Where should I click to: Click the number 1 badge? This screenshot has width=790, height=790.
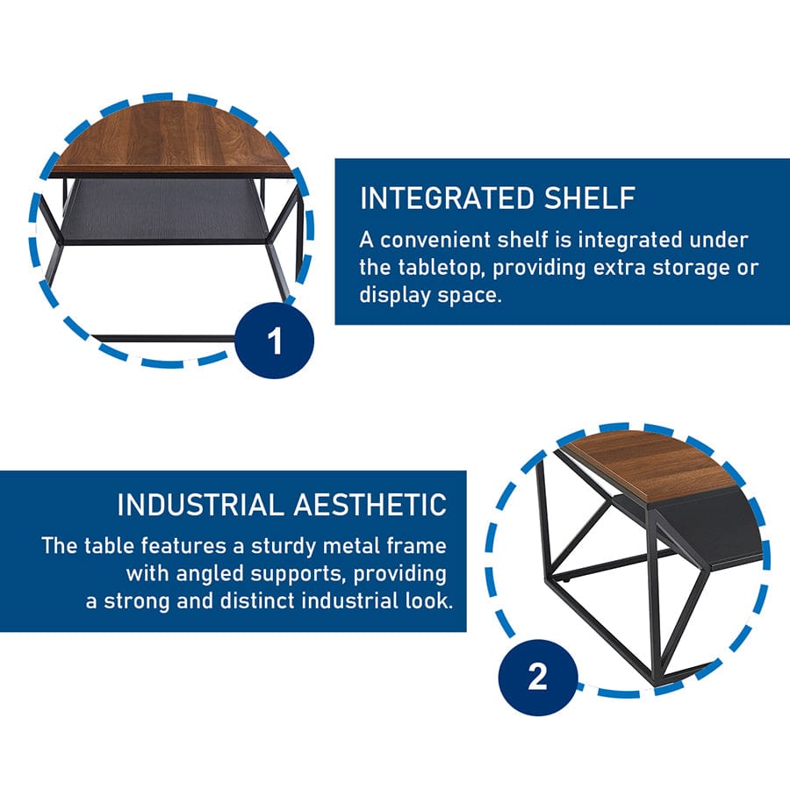275,340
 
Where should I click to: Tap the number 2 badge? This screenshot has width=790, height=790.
537,677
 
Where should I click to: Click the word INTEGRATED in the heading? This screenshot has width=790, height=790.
447,198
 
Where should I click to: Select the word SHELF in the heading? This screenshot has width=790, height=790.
590,198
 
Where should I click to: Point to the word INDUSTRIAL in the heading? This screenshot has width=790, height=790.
200,505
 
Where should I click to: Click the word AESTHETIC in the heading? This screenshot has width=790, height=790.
370,505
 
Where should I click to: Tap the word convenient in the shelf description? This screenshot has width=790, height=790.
435,240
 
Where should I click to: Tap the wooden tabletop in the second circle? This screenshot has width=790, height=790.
650,466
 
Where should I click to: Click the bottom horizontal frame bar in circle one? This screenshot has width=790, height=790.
164,338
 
